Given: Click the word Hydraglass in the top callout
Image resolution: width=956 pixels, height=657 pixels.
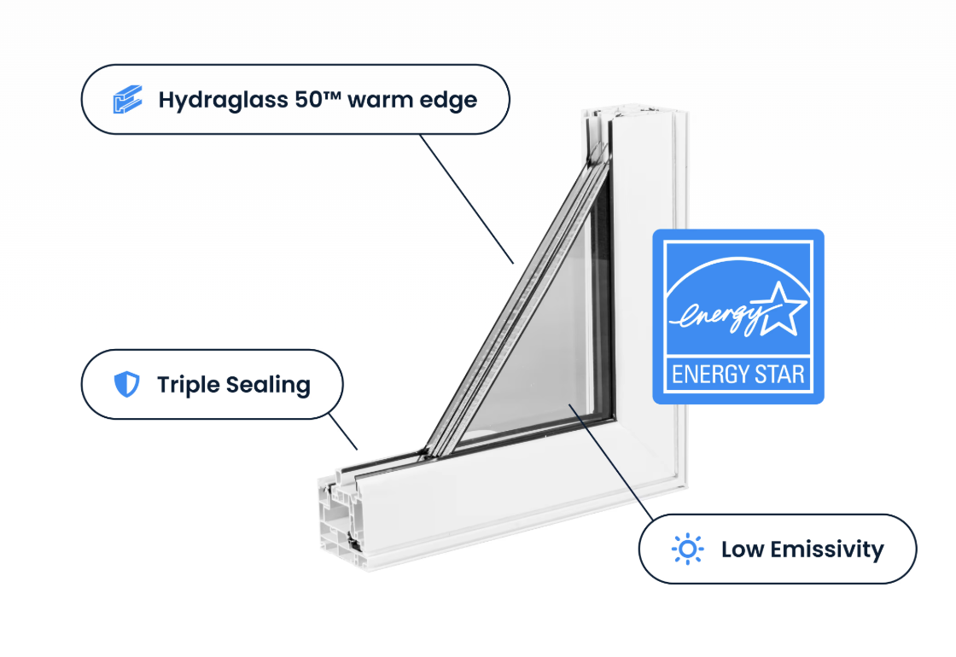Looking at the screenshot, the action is point(220,100).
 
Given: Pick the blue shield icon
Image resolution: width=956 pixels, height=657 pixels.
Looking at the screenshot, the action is point(126,385).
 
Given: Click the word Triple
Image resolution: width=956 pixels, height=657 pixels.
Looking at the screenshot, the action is point(184,385).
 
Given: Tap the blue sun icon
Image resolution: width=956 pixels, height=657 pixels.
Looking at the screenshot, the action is point(687,549).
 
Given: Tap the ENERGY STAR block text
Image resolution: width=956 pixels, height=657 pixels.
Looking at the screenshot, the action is point(738,374).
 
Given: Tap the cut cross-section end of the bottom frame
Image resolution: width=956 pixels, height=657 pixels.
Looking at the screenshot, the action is point(337,520).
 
